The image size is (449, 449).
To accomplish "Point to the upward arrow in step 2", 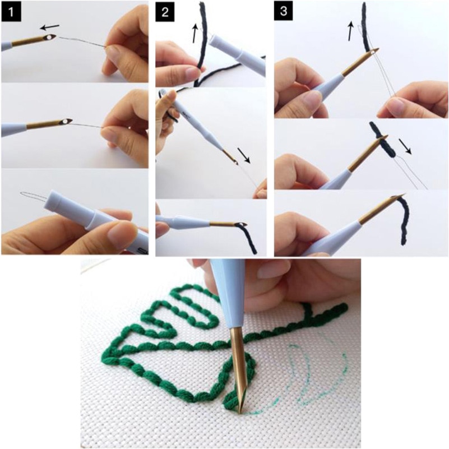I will coord(195,34).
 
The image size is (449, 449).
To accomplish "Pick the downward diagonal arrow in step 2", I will coord(244,155).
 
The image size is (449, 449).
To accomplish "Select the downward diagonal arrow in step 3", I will coord(409,146).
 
